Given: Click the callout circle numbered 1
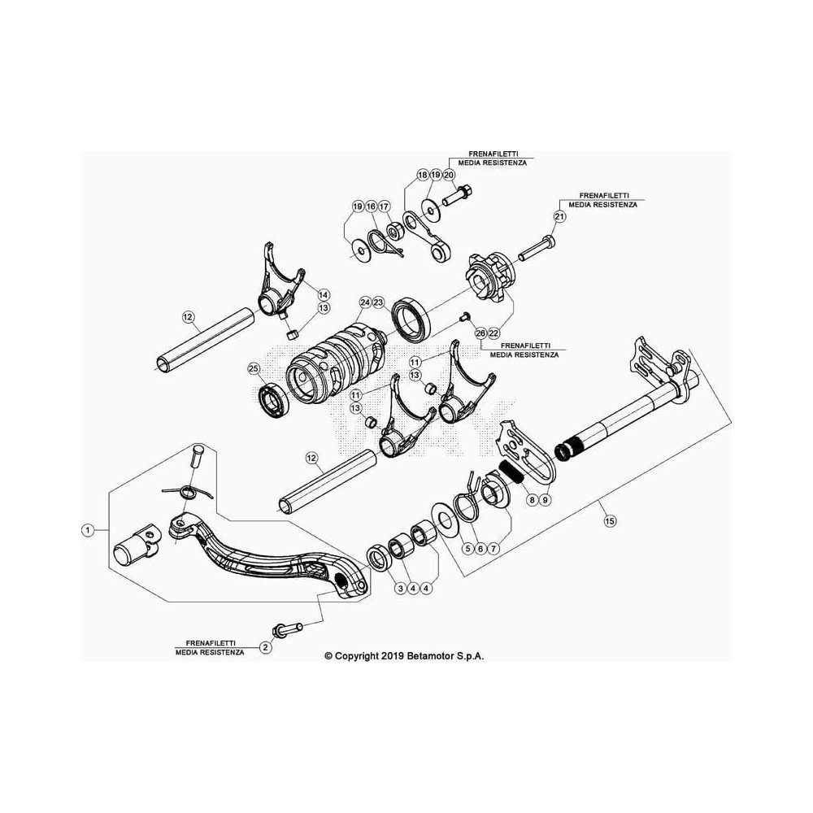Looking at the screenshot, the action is point(88,530).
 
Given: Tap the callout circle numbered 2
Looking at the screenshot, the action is point(266,647).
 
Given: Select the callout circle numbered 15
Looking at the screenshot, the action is point(610,520).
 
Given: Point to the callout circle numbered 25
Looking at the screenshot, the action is point(253,369).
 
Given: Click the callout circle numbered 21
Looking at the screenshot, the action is point(559,216).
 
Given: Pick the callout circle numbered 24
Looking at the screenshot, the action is point(365,302).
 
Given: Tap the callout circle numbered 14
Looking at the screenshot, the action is point(324,295).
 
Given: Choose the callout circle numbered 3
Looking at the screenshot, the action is point(400,588).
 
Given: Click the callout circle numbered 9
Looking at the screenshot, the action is point(545,500).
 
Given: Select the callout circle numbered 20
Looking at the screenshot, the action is point(449,175).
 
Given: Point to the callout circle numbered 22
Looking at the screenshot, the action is point(493,333).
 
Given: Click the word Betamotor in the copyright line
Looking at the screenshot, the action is point(433,656).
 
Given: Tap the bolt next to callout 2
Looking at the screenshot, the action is point(288,629).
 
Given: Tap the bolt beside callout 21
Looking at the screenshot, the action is point(537,248).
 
